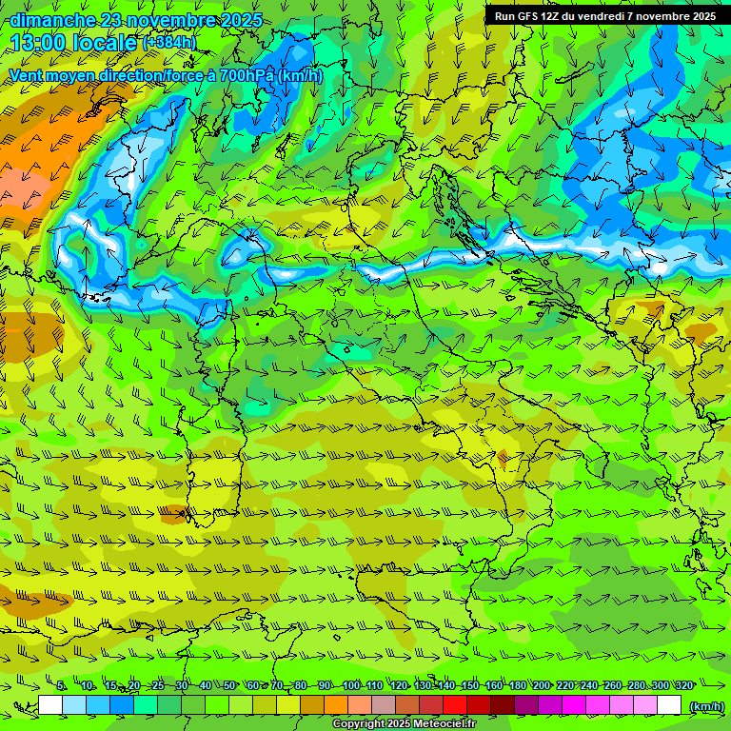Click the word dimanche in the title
(52, 20)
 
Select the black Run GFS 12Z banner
(604, 16)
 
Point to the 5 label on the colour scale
(61, 686)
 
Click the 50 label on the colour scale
(229, 686)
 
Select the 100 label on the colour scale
(351, 686)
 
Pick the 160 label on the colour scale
(493, 686)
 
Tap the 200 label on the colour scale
(542, 686)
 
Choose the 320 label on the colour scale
(684, 686)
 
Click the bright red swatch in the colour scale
(454, 705)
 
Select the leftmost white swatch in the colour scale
(50, 705)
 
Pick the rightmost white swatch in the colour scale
(669, 705)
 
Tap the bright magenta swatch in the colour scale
(574, 705)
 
